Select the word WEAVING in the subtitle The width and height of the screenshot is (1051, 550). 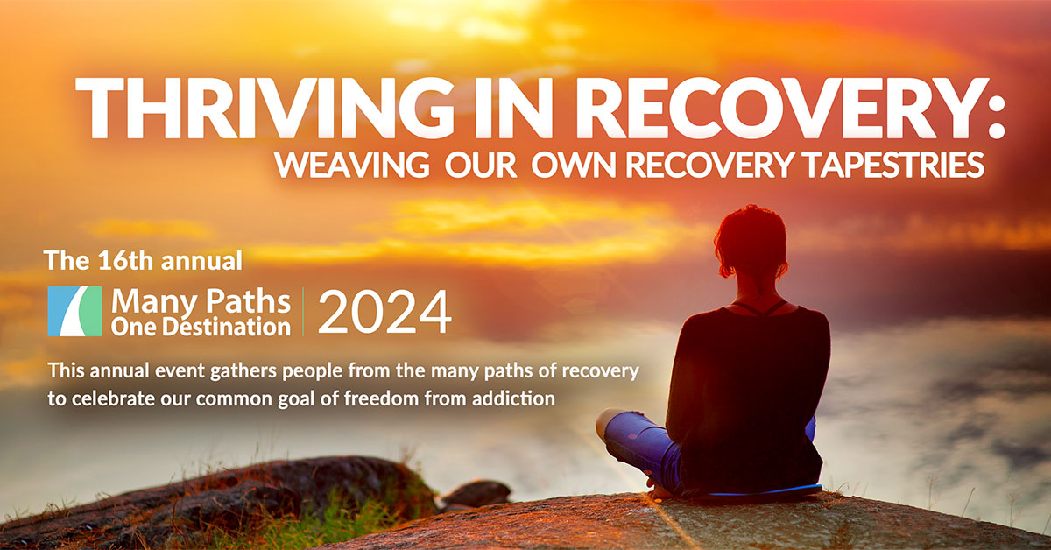352,165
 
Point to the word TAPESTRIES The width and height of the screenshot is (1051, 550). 893,165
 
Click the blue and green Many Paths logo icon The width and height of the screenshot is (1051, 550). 75,311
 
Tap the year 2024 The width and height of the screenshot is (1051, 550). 384,312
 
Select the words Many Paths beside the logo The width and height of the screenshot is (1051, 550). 201,300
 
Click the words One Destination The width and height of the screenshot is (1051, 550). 201,327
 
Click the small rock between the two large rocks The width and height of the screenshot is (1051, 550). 476,494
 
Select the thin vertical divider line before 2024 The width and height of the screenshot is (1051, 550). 303,312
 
